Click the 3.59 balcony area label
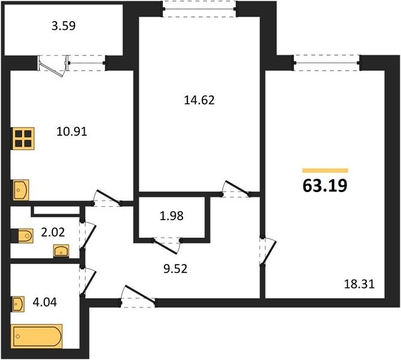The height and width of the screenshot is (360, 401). pyautogui.click(x=64, y=26)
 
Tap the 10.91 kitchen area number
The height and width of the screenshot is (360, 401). pyautogui.click(x=72, y=131)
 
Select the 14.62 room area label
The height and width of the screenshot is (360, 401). pyautogui.click(x=199, y=100)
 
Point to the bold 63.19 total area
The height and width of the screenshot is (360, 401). pyautogui.click(x=325, y=185)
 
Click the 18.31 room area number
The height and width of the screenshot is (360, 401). pyautogui.click(x=360, y=284)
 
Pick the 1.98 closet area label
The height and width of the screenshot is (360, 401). pyautogui.click(x=172, y=216)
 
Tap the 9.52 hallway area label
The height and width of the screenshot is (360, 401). pyautogui.click(x=175, y=269)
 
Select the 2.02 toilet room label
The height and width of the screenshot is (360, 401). pyautogui.click(x=53, y=232)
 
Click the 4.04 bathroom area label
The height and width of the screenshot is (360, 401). pyautogui.click(x=45, y=302)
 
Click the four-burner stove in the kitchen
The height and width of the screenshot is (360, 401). pyautogui.click(x=22, y=139)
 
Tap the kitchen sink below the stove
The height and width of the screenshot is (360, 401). pyautogui.click(x=20, y=190)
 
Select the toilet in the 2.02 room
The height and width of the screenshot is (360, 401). pyautogui.click(x=22, y=236)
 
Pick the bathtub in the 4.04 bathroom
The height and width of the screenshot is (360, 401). pyautogui.click(x=37, y=336)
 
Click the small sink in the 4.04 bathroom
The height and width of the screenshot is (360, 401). pyautogui.click(x=18, y=304)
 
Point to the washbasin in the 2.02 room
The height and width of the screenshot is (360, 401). pyautogui.click(x=61, y=251)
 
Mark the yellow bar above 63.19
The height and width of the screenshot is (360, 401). pyautogui.click(x=325, y=170)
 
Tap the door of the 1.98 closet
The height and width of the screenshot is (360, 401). pyautogui.click(x=167, y=245)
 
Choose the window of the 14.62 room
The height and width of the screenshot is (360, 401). pyautogui.click(x=199, y=9)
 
